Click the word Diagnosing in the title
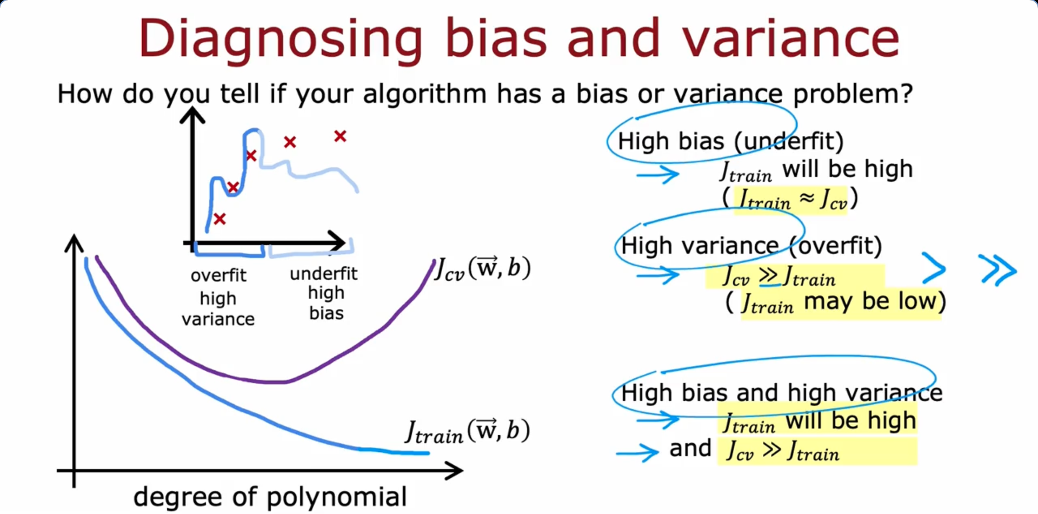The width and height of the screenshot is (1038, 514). coord(280,39)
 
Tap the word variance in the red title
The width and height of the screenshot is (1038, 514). coord(790,39)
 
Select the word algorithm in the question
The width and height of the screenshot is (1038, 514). coord(424,94)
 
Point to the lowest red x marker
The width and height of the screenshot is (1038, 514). coord(219,219)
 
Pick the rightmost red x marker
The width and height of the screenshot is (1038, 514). coord(340,136)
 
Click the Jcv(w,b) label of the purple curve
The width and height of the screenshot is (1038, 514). coord(483,268)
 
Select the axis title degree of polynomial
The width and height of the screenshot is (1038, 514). coord(270,497)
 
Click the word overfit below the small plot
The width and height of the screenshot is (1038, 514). coord(218,275)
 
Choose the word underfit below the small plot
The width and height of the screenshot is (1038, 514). coord(324,273)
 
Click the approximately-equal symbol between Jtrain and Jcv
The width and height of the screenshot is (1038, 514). coord(807,199)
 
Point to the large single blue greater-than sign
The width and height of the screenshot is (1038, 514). coord(934,268)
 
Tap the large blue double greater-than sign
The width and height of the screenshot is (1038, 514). coord(998,269)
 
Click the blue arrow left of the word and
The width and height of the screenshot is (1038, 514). coord(637,452)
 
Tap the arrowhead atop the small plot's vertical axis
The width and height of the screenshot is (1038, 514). coord(192,115)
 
